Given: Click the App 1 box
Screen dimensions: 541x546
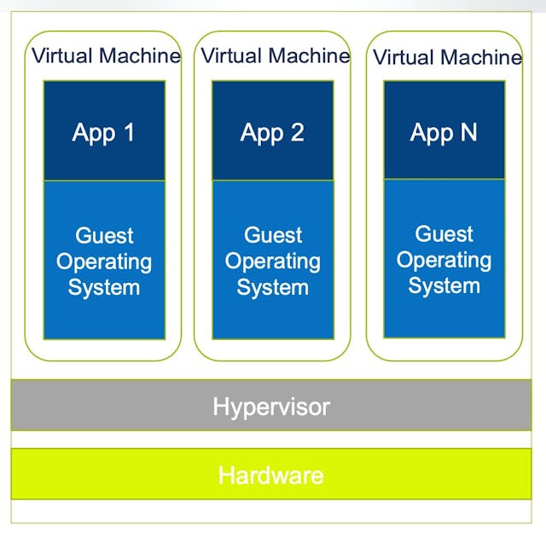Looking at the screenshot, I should tap(104, 131).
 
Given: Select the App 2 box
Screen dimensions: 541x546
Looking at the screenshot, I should tap(272, 131).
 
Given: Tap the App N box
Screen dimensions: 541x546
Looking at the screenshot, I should tap(444, 131).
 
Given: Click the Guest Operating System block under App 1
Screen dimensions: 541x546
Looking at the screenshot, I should tap(104, 260).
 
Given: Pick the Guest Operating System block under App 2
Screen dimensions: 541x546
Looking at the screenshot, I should tap(272, 260).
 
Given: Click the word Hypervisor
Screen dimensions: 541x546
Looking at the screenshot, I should tap(271, 406).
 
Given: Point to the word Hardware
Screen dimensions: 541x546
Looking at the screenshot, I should tap(271, 475).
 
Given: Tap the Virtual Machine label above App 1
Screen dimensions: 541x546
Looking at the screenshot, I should tap(106, 56).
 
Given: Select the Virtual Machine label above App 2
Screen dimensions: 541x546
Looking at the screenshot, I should tap(275, 56).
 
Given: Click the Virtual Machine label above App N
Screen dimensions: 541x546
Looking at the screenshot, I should tap(447, 58).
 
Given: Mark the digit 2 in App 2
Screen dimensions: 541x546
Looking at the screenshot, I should tap(296, 132).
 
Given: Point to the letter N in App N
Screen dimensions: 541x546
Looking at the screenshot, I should tap(468, 132).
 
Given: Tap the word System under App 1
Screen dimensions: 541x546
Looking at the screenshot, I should tap(104, 287).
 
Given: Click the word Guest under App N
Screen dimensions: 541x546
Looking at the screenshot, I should tap(444, 233).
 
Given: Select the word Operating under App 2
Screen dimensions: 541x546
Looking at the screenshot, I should tap(272, 261).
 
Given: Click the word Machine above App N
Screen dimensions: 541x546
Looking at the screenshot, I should tap(482, 58).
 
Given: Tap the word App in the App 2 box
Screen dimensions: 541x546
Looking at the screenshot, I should tap(259, 133).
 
